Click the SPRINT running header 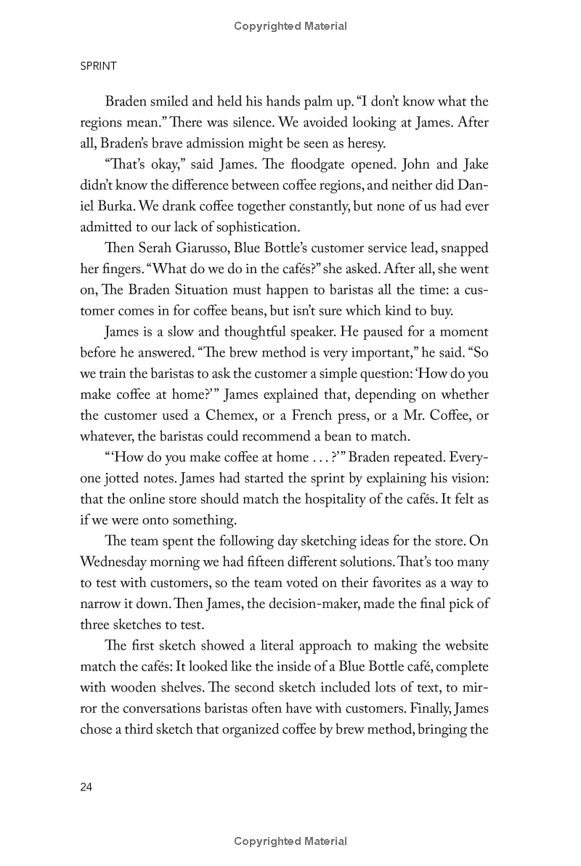98,65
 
